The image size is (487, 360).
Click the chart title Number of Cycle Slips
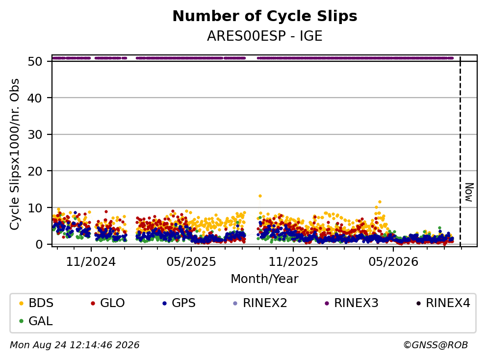[265, 16]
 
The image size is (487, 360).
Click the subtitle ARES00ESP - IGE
[265, 36]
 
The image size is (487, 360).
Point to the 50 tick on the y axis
[35, 61]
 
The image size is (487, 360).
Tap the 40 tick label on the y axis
[35, 98]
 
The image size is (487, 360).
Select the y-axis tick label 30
[35, 134]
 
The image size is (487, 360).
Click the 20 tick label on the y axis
[35, 171]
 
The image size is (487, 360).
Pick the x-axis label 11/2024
[91, 262]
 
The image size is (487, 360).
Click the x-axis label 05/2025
[191, 262]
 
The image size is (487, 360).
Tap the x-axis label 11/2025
[293, 262]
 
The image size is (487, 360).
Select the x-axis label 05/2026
[393, 262]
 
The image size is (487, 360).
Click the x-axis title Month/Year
[264, 279]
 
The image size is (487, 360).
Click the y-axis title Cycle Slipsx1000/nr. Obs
[15, 154]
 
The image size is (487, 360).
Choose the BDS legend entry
[36, 303]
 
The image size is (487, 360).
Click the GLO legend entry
[108, 303]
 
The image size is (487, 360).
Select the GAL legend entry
[36, 321]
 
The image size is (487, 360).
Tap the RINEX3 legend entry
[352, 303]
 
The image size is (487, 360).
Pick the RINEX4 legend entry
[443, 303]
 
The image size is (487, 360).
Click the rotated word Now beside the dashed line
[469, 192]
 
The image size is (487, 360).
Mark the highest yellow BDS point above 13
[260, 196]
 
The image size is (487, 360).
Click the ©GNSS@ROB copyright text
[436, 345]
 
